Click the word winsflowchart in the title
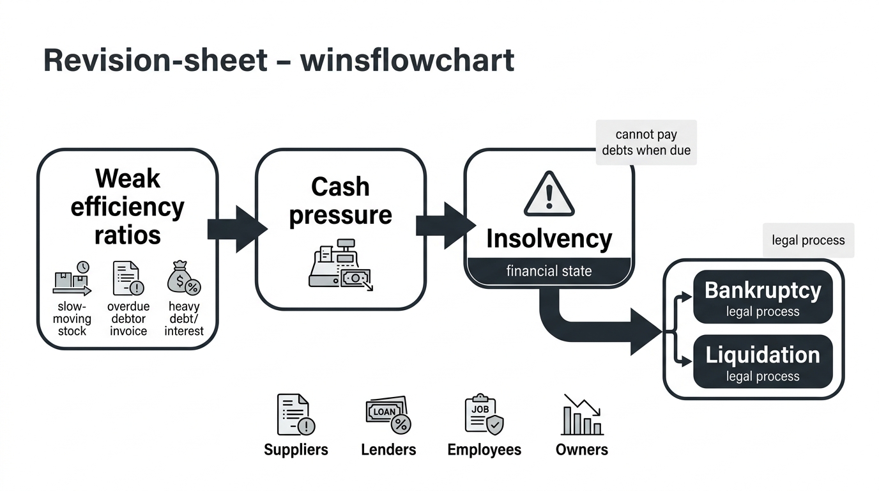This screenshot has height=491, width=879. coord(408,60)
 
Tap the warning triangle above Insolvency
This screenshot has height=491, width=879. coord(549,194)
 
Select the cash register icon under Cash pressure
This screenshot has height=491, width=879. coord(341,264)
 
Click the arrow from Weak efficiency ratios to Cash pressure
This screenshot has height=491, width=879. coord(238,229)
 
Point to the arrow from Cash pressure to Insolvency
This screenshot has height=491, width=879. coord(446,226)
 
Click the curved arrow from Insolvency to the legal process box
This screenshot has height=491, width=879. coord(588,329)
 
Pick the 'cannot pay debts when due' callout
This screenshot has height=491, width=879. coord(646,142)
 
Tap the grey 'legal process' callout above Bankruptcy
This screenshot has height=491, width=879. coord(808,240)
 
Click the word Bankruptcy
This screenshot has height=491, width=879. coord(763,291)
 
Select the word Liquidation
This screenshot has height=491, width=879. coord(763,355)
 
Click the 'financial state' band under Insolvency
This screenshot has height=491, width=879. coord(549,270)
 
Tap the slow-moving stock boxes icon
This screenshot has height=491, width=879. coord(72,279)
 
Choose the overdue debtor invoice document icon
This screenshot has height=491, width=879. coord(128,278)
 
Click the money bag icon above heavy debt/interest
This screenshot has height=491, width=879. coord(183,277)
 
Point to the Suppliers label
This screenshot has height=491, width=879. coord(296,449)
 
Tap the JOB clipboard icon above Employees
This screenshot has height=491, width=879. coord(484,414)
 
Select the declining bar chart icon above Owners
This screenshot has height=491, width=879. coord(582,415)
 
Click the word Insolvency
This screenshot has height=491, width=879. coord(549,239)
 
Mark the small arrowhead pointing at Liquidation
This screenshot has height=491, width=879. coord(686,361)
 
